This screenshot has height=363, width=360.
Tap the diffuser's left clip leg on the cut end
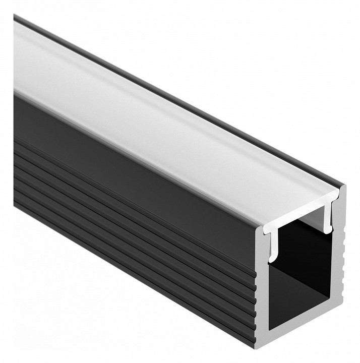coord(273,247)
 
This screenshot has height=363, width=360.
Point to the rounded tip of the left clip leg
coord(272,259)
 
